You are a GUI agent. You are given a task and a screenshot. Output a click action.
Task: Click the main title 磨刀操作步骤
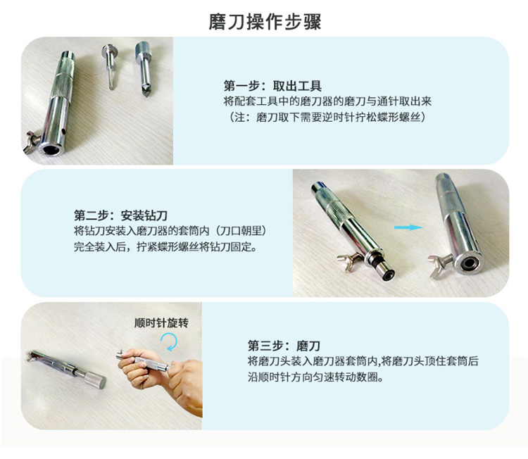click(265, 22)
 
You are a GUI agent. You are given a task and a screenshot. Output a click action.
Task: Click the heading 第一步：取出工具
click(272, 86)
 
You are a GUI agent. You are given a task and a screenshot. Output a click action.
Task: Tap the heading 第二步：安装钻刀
click(120, 215)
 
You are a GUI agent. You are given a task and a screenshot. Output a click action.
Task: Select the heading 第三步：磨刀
click(284, 346)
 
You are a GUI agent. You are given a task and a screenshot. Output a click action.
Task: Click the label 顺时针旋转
click(161, 323)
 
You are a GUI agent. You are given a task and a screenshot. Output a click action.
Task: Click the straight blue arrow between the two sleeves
click(408, 227)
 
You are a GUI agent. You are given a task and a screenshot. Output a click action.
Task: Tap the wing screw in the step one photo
click(32, 142)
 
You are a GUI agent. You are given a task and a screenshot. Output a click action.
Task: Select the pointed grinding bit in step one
click(144, 69)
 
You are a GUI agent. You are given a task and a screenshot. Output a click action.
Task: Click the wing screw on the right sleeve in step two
click(439, 264)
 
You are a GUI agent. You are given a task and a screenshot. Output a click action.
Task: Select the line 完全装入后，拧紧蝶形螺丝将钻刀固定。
click(165, 247)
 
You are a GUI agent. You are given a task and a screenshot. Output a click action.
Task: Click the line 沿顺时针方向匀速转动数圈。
click(315, 377)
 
